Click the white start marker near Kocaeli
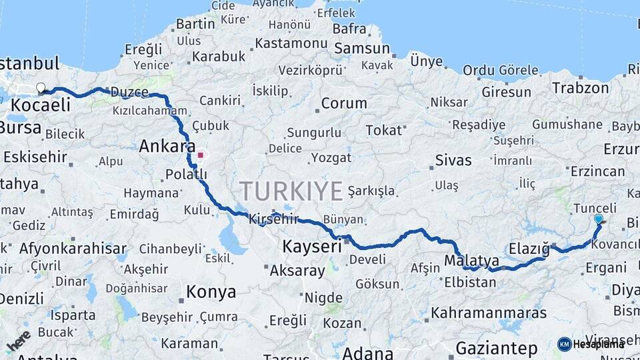click(41, 88)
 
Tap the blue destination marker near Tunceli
click(598, 219)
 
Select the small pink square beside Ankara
click(200, 155)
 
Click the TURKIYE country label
click(291, 191)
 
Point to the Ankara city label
click(167, 147)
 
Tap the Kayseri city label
click(312, 246)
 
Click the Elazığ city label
click(529, 249)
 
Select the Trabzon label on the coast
click(580, 88)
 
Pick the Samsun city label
click(362, 48)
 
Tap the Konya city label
click(211, 292)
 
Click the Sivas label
click(453, 160)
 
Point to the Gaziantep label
click(497, 347)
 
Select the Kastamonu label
click(293, 43)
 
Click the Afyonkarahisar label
click(73, 249)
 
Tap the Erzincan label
click(598, 172)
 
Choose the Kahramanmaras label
click(489, 313)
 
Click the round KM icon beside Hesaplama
click(565, 344)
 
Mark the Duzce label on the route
click(129, 91)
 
